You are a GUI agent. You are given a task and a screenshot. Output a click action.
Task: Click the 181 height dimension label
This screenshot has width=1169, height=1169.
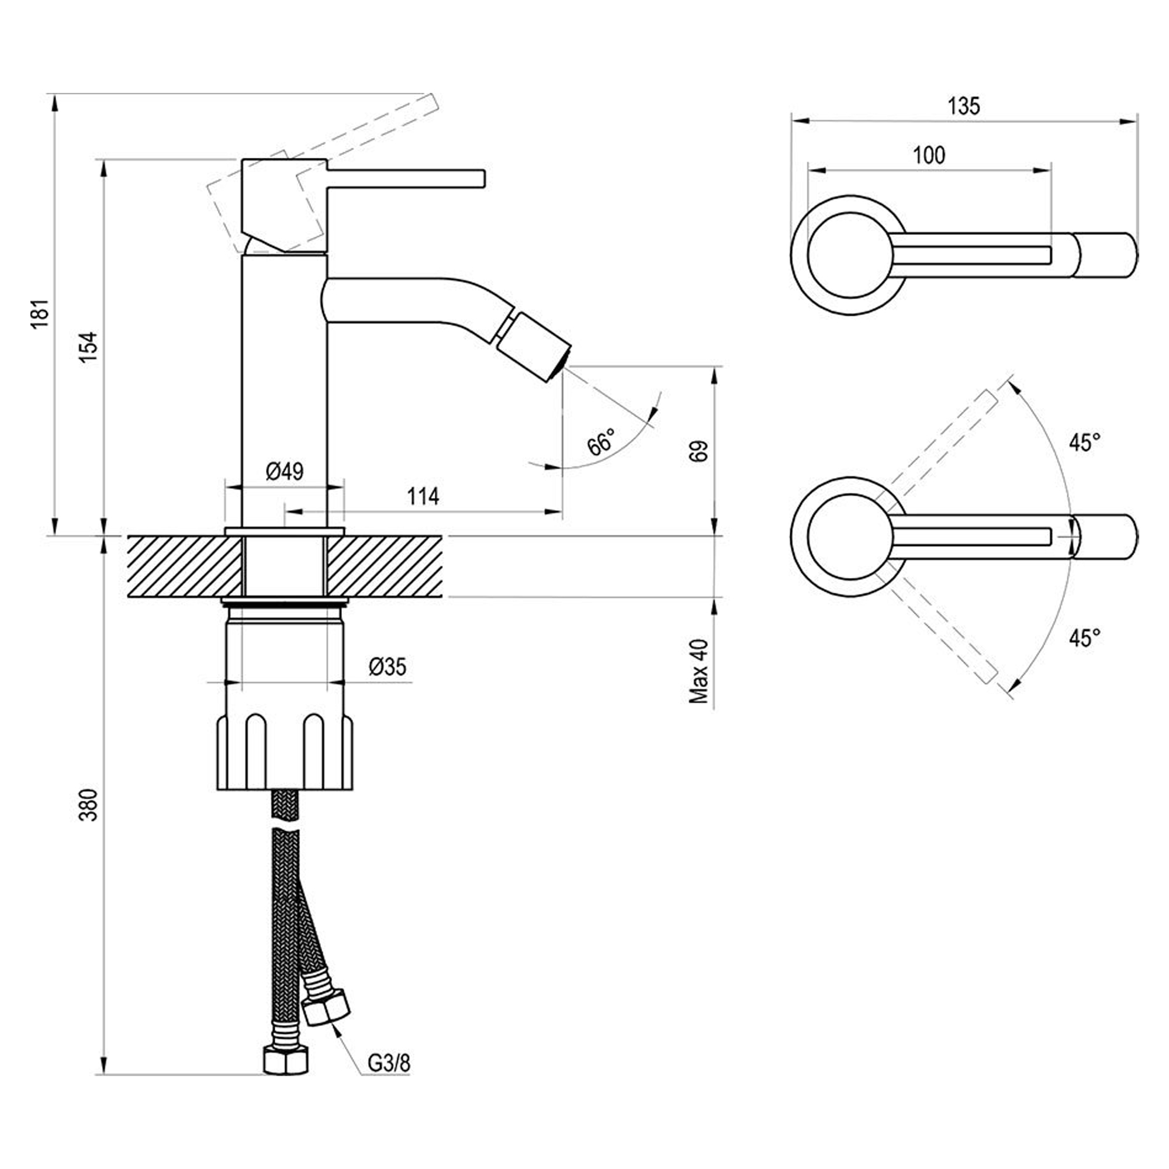point(39,314)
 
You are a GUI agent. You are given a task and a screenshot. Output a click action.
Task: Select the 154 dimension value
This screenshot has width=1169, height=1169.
point(89,347)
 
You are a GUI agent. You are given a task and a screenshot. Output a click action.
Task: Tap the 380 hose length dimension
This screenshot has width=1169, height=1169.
point(89,804)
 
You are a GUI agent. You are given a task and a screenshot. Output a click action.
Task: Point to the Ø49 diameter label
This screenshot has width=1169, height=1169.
point(285,471)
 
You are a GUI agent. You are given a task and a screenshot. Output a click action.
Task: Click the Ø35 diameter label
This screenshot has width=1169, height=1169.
point(388,667)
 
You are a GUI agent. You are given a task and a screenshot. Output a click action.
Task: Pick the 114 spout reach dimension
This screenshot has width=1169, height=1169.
point(423,497)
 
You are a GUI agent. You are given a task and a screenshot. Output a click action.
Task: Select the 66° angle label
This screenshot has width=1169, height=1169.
point(601,442)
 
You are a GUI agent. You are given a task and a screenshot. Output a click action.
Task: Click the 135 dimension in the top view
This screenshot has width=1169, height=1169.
point(963,106)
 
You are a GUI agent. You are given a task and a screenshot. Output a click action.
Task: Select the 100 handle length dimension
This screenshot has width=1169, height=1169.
point(929,155)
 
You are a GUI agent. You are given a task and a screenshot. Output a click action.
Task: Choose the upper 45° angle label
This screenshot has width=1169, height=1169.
point(1084,442)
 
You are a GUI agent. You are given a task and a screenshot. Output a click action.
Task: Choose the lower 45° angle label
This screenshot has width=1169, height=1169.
point(1084,638)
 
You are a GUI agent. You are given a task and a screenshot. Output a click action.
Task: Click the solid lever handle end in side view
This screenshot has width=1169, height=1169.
point(466,178)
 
